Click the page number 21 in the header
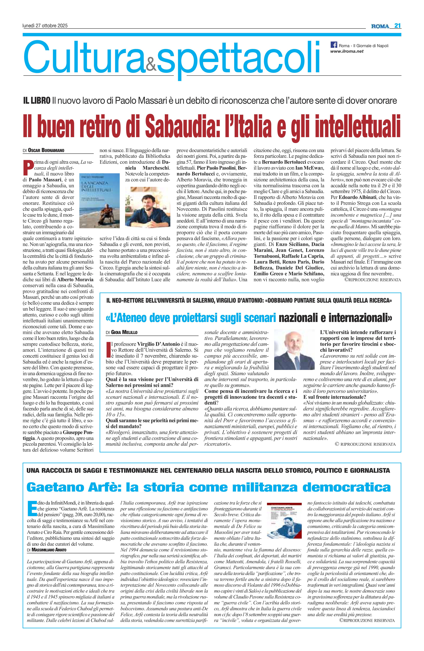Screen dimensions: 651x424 (397, 26)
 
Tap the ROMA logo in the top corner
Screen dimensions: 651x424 (380, 26)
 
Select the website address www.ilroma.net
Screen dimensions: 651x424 (347, 51)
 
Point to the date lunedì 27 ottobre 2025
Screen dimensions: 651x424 (45, 26)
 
